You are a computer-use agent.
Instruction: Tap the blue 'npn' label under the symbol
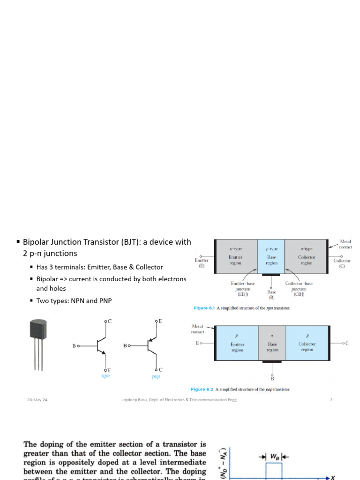coord(105,376)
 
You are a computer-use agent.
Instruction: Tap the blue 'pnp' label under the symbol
coord(156,376)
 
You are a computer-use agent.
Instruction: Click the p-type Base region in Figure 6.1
coord(271,256)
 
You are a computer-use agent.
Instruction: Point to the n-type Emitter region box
coord(236,256)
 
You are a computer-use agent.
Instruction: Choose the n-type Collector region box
coord(307,256)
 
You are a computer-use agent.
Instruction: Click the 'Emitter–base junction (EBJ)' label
coord(243,289)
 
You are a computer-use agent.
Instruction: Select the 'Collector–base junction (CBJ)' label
coord(299,289)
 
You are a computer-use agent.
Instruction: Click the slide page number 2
coord(331,400)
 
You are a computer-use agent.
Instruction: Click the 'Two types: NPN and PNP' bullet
coord(74,300)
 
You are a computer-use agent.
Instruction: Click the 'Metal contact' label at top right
coord(346,244)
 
